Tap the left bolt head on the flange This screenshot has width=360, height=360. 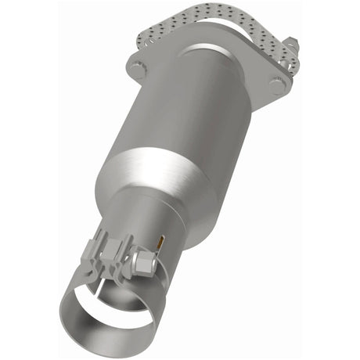click(138, 69)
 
